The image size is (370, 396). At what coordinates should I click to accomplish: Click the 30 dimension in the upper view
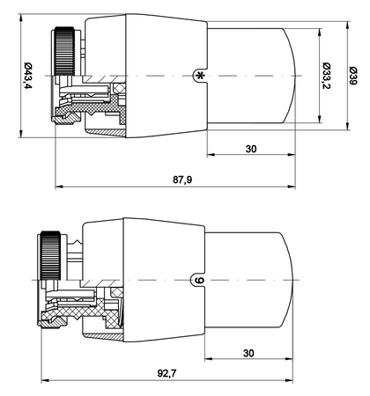tap(251, 150)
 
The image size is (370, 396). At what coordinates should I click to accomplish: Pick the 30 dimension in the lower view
tap(251, 351)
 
